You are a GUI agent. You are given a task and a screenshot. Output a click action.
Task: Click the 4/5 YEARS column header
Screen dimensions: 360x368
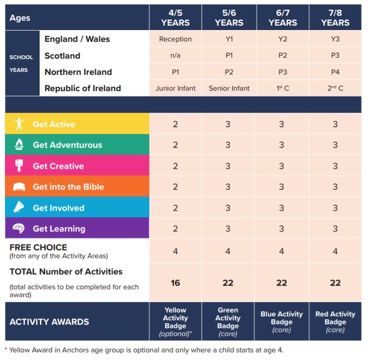point(175,18)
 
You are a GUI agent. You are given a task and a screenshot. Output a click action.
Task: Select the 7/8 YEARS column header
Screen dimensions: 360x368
point(335,18)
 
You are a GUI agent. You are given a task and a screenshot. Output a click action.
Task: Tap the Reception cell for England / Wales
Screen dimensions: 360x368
point(175,39)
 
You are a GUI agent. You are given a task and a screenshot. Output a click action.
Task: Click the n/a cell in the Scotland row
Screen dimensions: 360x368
point(175,56)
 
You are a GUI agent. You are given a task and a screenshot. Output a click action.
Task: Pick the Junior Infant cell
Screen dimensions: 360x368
point(175,89)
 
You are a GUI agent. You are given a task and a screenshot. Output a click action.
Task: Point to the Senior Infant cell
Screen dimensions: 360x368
point(229,89)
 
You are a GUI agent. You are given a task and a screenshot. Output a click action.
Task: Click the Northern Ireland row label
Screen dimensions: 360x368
point(78,72)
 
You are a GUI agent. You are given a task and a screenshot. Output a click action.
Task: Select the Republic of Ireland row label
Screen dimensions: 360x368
point(83,89)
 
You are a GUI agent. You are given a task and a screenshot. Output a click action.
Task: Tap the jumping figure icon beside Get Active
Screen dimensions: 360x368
point(19,124)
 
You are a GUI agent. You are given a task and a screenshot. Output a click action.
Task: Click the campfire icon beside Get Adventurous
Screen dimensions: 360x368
point(19,145)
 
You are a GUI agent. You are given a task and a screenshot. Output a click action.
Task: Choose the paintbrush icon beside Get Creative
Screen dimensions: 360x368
point(19,166)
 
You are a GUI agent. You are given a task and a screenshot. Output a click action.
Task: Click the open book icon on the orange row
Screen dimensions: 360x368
point(19,187)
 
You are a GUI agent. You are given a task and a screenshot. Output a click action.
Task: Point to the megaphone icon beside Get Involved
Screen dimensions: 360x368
point(19,208)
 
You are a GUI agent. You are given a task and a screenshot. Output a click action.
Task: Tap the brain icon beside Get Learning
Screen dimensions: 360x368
point(19,229)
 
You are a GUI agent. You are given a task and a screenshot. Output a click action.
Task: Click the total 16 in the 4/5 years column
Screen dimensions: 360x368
point(175,283)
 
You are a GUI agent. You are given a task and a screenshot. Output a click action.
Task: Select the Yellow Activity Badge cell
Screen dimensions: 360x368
point(175,322)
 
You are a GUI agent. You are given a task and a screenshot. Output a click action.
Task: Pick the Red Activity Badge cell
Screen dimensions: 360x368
point(335,322)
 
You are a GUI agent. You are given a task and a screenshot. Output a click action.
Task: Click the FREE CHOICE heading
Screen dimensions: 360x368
point(38,247)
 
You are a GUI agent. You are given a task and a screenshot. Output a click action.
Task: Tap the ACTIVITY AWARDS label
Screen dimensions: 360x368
point(49,322)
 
